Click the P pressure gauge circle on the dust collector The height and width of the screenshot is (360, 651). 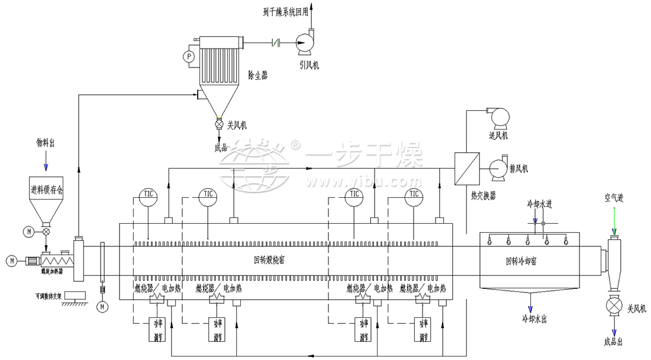[189, 57]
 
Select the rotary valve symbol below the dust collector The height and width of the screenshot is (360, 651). [218, 125]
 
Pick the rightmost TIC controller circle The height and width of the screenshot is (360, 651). [412, 195]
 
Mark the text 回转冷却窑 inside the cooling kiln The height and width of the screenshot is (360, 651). [524, 260]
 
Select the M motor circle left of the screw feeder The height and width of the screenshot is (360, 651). [11, 260]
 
